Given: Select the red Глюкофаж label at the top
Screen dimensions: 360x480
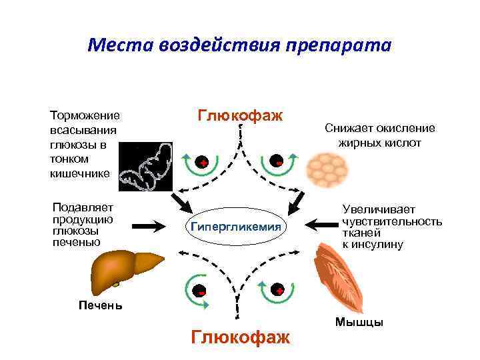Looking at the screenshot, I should pyautogui.click(x=240, y=115).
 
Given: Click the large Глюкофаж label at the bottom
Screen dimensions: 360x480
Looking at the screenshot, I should pyautogui.click(x=240, y=337).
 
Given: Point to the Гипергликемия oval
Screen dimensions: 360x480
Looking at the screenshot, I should pyautogui.click(x=237, y=227).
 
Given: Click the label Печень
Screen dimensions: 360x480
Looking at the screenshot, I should pyautogui.click(x=100, y=306).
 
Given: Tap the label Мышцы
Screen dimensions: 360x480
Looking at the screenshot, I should pyautogui.click(x=359, y=323).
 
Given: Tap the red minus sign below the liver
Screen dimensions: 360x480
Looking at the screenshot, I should pyautogui.click(x=199, y=291).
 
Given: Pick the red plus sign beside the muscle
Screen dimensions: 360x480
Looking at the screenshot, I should pyautogui.click(x=279, y=291).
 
